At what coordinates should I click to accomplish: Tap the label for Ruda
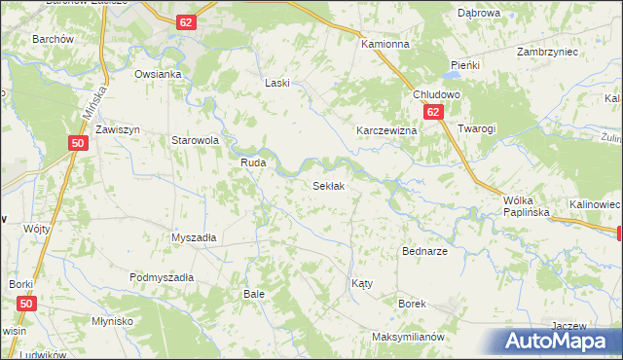[254, 163]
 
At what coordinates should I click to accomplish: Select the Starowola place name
[195, 140]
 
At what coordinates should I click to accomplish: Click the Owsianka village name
[159, 74]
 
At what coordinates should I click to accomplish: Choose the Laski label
[278, 84]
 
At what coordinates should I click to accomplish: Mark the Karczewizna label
[386, 130]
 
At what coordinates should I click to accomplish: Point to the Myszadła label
[193, 237]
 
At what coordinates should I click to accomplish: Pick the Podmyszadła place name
[162, 277]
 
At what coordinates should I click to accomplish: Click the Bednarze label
[424, 251]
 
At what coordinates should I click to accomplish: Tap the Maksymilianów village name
[408, 337]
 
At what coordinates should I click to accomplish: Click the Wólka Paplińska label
[527, 204]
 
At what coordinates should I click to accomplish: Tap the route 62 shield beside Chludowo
[436, 113]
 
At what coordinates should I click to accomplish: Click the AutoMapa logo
[560, 341]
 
